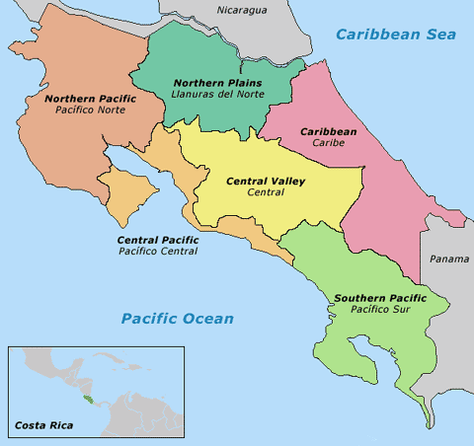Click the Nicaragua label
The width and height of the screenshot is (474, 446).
coord(242,11)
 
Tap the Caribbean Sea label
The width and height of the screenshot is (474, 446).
coord(397,35)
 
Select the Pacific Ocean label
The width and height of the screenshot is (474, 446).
coord(178,318)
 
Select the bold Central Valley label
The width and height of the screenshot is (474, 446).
coord(266,182)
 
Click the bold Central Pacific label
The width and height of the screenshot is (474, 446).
coord(158,240)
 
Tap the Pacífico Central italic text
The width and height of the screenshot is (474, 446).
coord(158,252)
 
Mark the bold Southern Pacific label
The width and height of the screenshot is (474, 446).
coord(380,298)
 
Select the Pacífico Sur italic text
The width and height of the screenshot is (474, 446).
coord(380,310)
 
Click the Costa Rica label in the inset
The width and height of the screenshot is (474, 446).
coord(44,426)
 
